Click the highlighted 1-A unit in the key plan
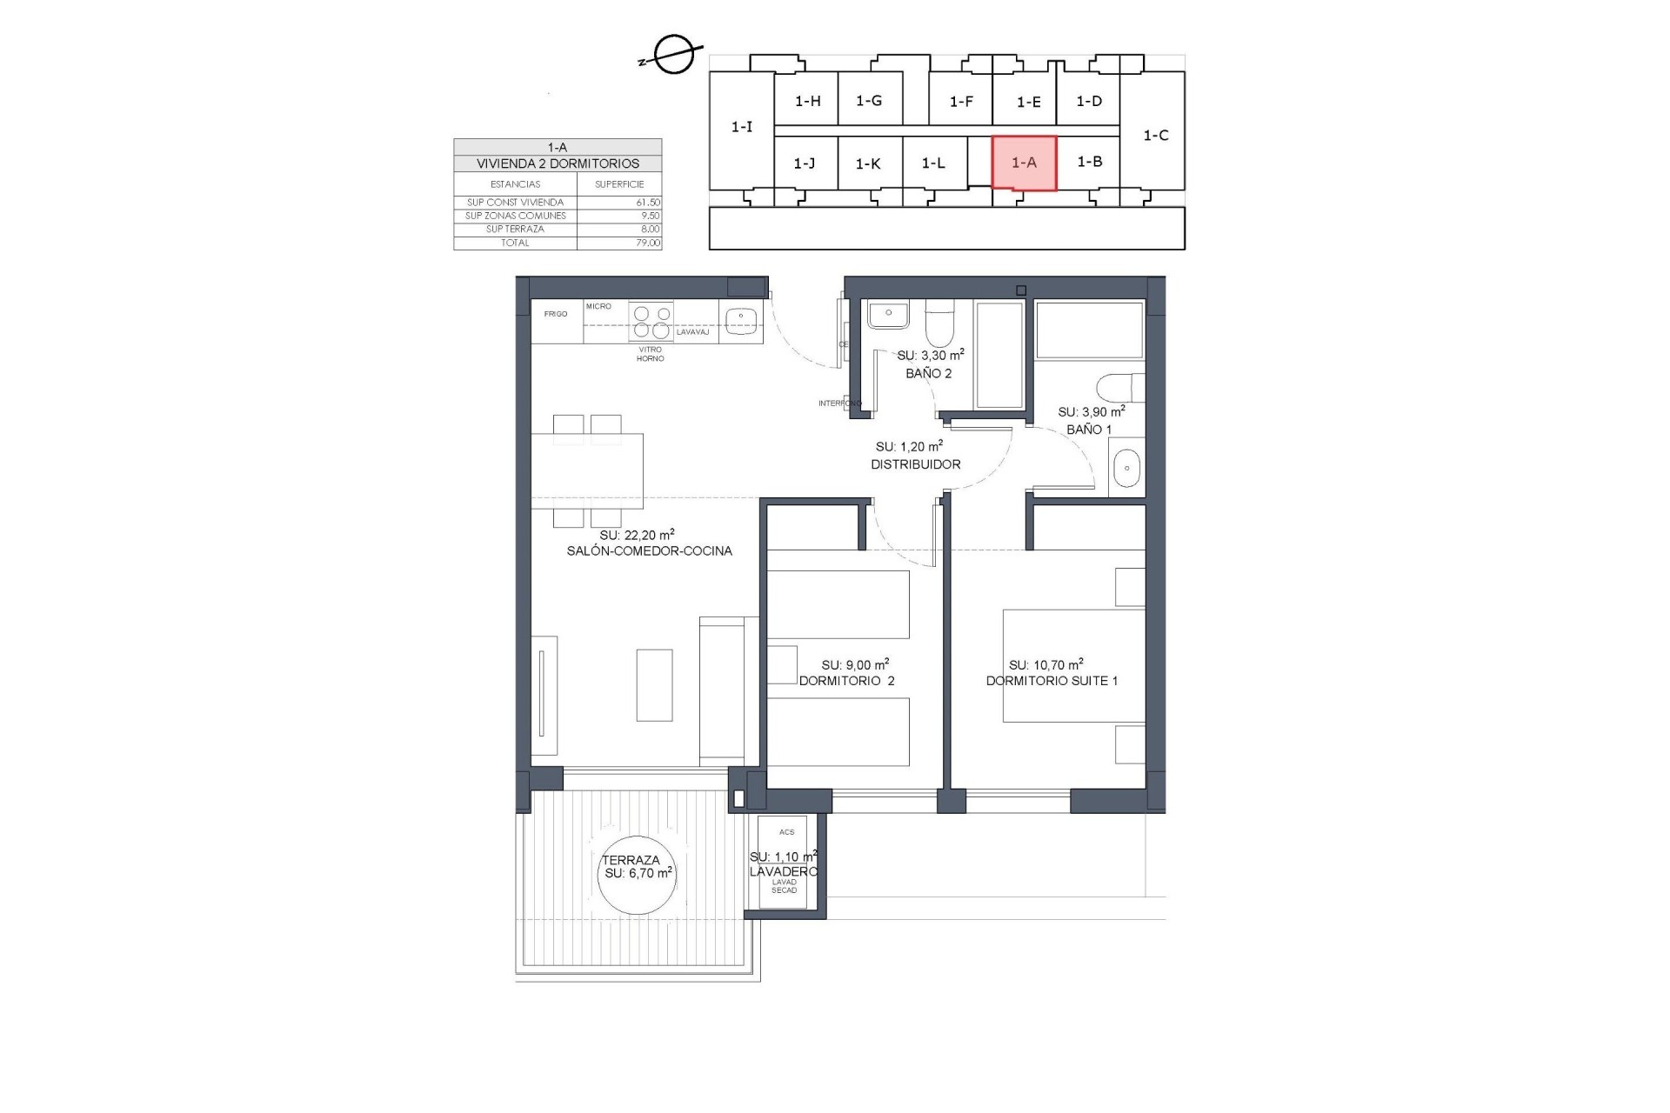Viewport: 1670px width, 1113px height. pos(1024,163)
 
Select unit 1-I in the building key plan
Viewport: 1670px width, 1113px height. pos(741,127)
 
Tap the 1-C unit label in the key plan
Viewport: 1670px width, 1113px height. pos(1155,136)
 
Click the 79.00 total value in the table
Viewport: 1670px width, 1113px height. pos(648,243)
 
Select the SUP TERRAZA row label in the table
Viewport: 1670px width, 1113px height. pos(515,230)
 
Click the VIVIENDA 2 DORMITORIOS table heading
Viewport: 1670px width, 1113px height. pos(558,163)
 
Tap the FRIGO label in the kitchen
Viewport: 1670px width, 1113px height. pos(556,314)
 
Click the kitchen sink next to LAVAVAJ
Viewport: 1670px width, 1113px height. pos(740,321)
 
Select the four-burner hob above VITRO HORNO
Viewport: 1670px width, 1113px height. pos(651,321)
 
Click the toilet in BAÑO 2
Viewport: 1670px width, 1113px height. pos(939,323)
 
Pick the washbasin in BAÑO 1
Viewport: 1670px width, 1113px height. pos(1126,469)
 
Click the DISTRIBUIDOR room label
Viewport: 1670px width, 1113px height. pos(916,464)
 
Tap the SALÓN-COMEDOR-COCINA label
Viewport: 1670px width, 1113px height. pos(649,550)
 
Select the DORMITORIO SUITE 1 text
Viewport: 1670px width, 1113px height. pos(1052,681)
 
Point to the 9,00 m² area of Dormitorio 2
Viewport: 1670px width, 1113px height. pos(854,665)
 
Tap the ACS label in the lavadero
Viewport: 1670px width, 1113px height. pos(786,832)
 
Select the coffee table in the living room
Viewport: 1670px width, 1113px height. pos(654,685)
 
